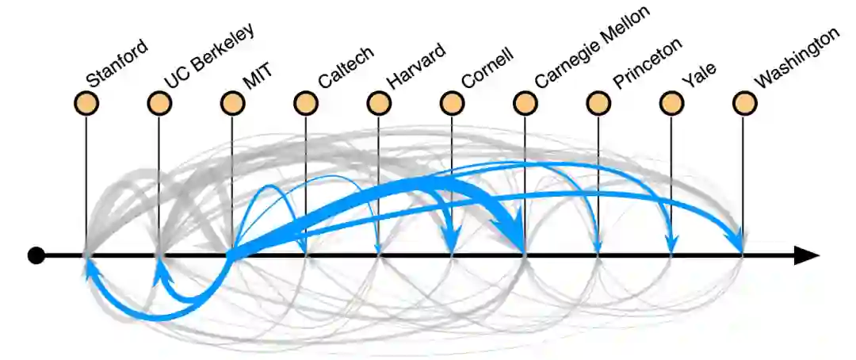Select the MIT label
tap(258, 75)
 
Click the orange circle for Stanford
tap(86, 103)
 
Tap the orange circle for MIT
tap(232, 103)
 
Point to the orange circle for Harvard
tap(379, 103)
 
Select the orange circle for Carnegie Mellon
tap(525, 103)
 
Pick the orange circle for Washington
tap(743, 103)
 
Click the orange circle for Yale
tap(671, 103)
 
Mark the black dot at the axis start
tap(36, 255)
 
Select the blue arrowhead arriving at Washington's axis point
tap(737, 242)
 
